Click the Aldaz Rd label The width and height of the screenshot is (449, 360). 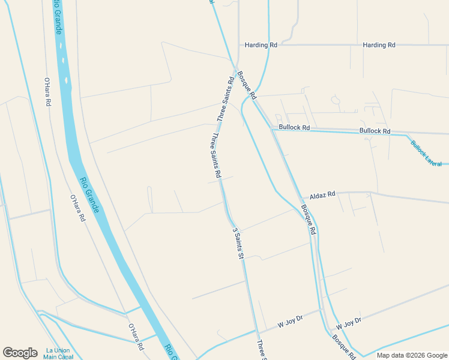[322, 196]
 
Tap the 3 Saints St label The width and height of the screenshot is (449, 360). [237, 243]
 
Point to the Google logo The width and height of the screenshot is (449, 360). [20, 352]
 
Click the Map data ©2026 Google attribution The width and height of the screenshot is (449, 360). [411, 355]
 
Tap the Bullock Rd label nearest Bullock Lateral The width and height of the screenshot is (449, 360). [375, 131]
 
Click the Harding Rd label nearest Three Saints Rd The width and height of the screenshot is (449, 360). [261, 45]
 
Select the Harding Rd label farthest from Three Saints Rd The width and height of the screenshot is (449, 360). [379, 45]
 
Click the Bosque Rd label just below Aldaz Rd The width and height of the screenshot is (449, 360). [309, 219]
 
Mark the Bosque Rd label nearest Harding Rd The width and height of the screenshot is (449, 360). [247, 85]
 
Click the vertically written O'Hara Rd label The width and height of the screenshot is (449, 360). [47, 92]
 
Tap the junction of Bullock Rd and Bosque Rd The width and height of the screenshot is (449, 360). [272, 128]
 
